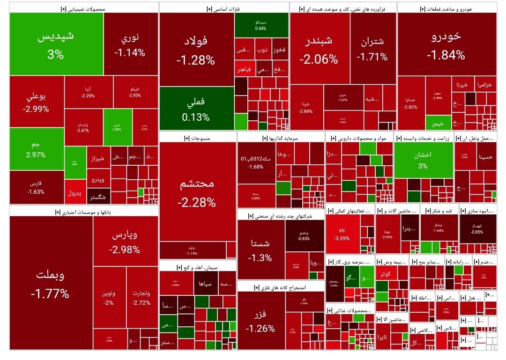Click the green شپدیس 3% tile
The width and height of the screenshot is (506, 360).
pos(56,44)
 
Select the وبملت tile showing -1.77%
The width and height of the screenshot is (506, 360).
pos(51,283)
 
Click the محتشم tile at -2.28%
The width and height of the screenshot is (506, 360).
pos(197,192)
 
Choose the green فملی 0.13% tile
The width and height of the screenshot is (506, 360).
pos(196,109)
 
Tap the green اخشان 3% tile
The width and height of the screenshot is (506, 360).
pos(423,160)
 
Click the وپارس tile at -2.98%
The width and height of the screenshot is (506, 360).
pos(125,242)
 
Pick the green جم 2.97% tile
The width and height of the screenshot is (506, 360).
pos(36,149)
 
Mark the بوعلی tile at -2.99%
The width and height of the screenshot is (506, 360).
pos(36,102)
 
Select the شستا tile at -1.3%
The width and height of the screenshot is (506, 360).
pos(260,250)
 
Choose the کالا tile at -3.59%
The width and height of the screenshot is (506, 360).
pos(344,234)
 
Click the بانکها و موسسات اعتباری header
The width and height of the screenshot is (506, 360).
pos(83,212)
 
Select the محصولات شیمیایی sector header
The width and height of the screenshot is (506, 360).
pos(83,8)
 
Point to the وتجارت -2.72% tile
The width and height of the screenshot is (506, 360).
pos(141,298)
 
